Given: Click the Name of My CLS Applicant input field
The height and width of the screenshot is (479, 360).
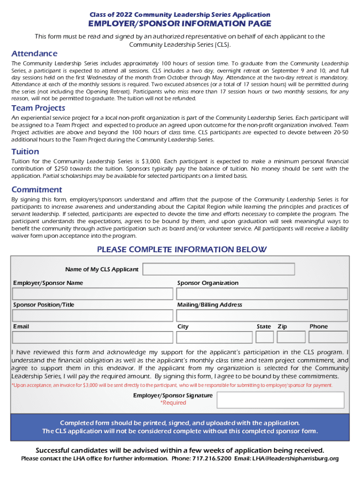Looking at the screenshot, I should click(219, 269).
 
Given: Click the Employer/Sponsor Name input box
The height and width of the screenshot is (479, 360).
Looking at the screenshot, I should click(92, 294).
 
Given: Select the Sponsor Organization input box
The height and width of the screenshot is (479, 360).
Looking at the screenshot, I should click(262, 294).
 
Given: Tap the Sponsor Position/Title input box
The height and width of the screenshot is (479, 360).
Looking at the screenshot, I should click(92, 315).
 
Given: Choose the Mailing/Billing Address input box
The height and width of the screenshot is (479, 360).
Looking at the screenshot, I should click(262, 315).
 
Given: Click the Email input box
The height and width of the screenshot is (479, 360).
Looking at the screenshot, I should click(92, 337).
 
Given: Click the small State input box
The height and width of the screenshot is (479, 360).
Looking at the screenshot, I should click(265, 337).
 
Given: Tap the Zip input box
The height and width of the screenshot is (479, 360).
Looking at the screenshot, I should click(291, 337).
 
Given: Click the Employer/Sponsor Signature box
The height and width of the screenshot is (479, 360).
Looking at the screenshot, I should click(281, 400).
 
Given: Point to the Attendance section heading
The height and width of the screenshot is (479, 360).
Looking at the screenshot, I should click(34, 54).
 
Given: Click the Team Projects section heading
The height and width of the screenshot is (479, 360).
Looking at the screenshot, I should click(38, 109).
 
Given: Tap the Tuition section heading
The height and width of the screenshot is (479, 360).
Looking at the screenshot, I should click(25, 152).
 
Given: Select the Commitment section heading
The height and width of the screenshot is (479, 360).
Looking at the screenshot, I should click(36, 189).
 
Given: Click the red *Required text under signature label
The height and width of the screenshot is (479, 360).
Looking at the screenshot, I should click(173, 403).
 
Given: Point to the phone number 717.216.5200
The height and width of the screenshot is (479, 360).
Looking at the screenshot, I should click(211, 458).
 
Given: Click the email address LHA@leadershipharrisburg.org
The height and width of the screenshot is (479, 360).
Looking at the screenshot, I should click(295, 458).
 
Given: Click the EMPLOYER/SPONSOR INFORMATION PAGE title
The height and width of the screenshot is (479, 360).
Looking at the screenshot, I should click(180, 24).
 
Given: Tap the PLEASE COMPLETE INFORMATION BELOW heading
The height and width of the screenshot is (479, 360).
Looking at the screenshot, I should click(181, 249).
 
